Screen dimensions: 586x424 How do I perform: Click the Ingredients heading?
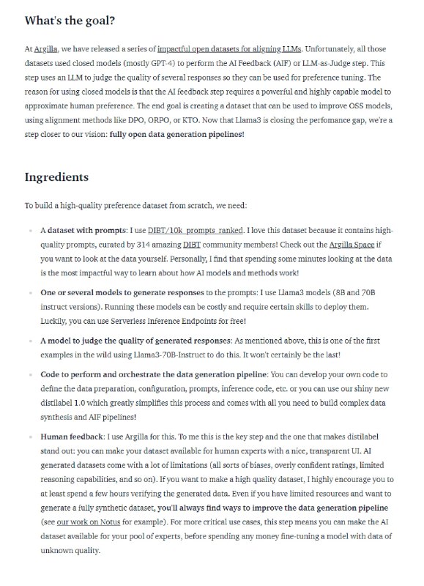tap(56, 177)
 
